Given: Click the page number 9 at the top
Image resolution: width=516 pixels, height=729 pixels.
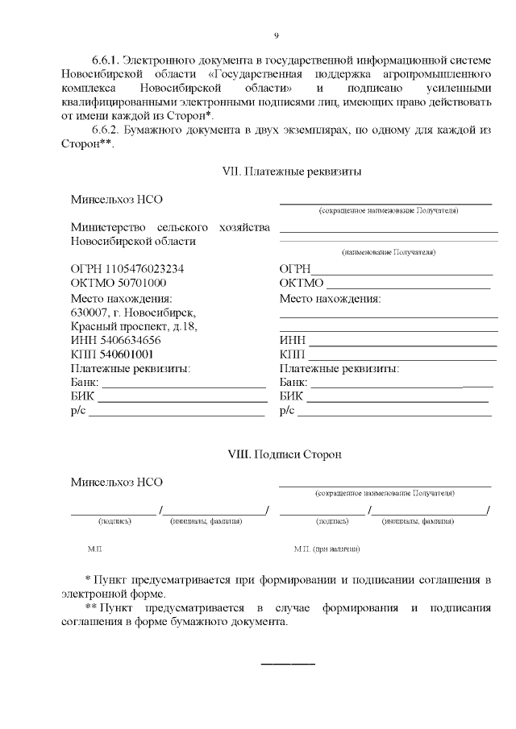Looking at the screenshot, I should click(277, 35).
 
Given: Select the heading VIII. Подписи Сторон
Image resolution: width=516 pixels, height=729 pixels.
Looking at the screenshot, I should click(286, 454).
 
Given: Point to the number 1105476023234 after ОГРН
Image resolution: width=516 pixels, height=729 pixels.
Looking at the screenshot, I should click(144, 268).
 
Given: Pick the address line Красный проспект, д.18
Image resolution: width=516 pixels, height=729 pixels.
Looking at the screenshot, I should click(134, 326).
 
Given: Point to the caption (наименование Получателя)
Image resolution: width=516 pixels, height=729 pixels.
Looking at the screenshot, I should click(389, 252).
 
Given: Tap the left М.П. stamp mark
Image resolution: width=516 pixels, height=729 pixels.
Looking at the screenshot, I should click(94, 549).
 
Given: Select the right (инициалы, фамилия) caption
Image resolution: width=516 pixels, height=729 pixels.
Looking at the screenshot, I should click(418, 521).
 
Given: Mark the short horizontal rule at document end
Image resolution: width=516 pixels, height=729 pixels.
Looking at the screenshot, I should click(288, 664).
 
